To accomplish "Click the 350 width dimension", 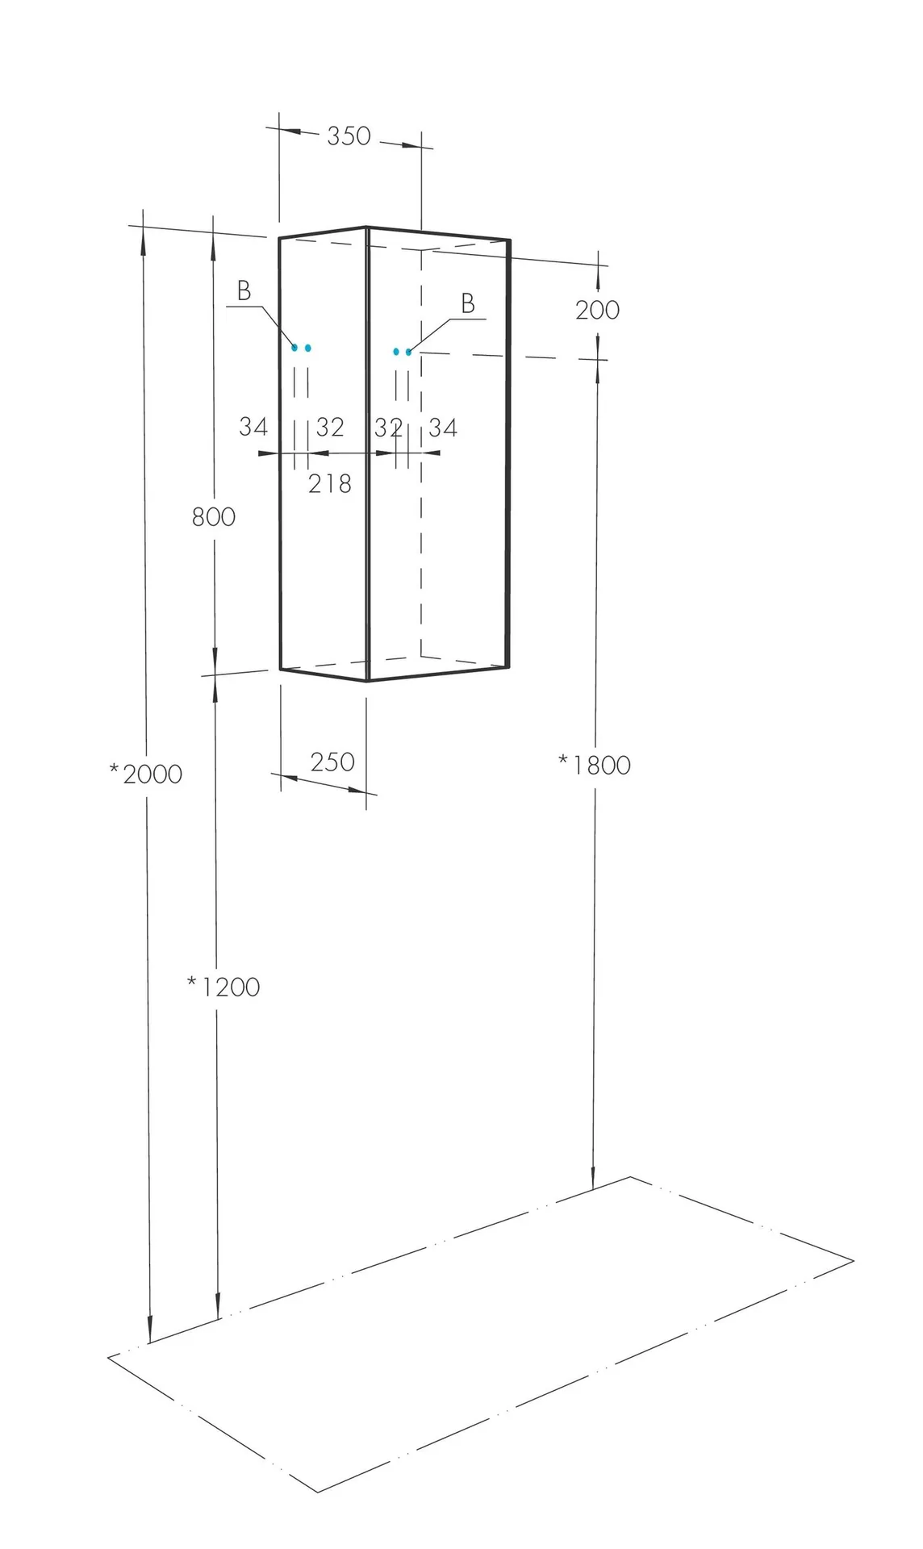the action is (349, 136).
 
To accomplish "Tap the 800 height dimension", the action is (214, 516).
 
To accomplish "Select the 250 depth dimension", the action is (332, 762).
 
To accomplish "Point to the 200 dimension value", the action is (598, 310).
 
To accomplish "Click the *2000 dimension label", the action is (146, 774).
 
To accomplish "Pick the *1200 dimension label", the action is (223, 987).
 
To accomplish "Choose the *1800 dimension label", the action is (595, 765).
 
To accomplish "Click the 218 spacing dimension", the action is (330, 484).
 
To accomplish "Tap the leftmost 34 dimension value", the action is (253, 427).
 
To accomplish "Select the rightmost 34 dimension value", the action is (443, 428).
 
